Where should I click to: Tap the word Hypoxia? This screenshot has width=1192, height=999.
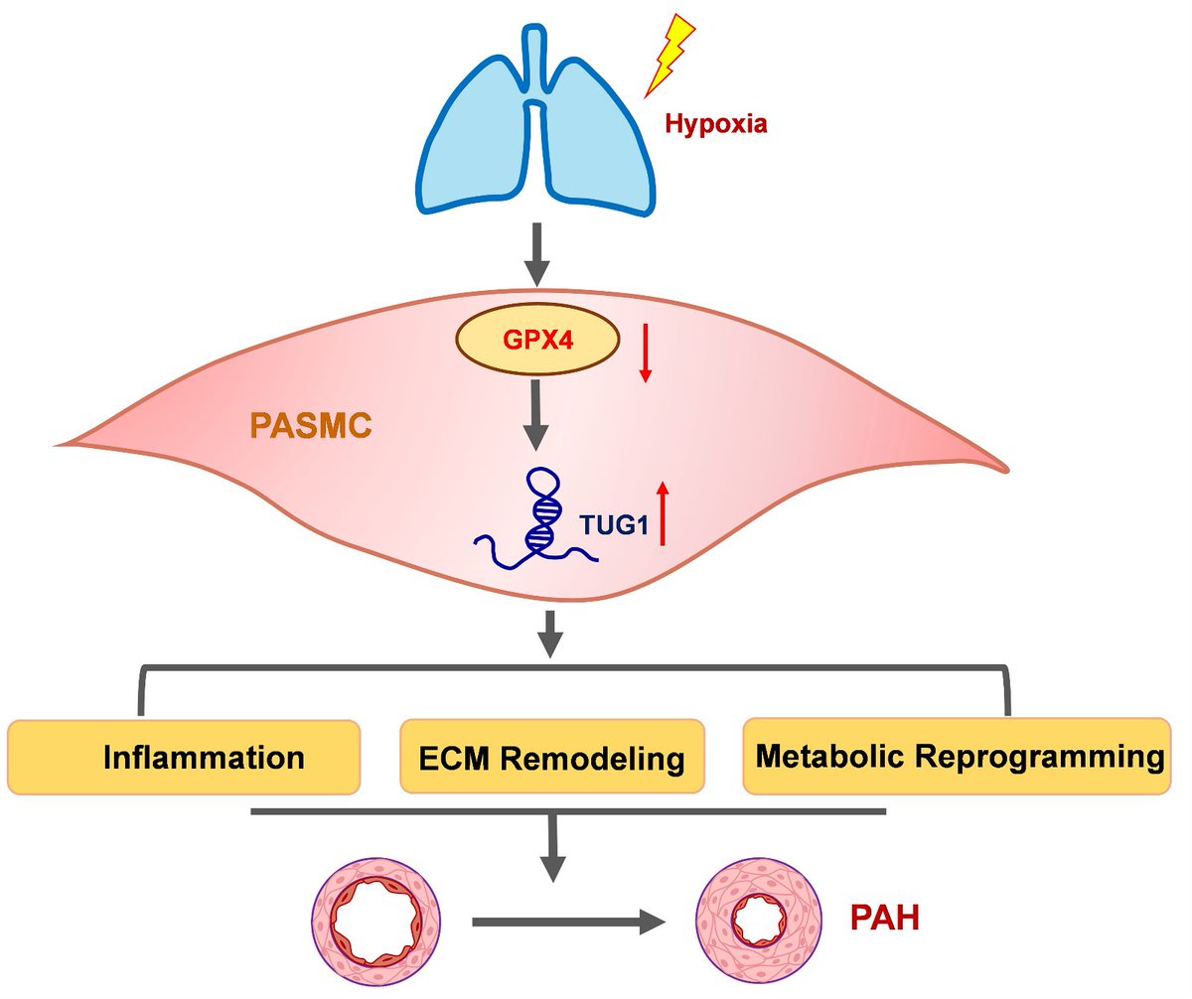tap(716, 126)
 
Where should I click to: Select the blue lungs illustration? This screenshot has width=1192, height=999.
tap(536, 129)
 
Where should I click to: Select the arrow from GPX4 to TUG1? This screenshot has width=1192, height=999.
tap(536, 417)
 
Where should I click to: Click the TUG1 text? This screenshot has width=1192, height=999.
tap(613, 526)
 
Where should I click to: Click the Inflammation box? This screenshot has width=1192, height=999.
tap(183, 757)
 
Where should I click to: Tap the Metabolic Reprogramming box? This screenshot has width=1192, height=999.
tap(958, 756)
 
